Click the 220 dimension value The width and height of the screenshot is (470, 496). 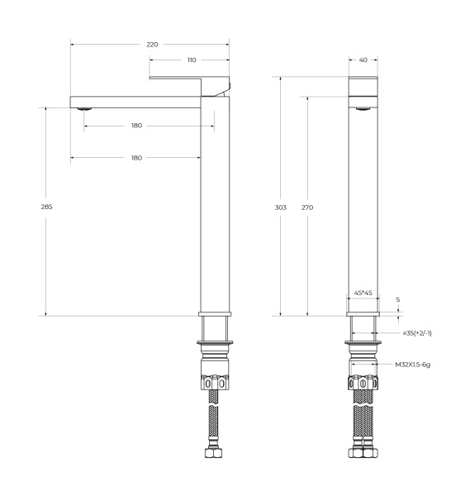pyautogui.click(x=152, y=44)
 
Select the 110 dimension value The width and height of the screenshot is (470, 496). pyautogui.click(x=192, y=60)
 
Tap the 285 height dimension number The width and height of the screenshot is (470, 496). pyautogui.click(x=46, y=207)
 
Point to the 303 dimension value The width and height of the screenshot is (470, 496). pyautogui.click(x=281, y=207)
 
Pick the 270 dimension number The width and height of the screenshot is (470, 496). pyautogui.click(x=307, y=207)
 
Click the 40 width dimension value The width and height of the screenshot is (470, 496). pyautogui.click(x=363, y=60)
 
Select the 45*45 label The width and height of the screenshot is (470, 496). pyautogui.click(x=363, y=293)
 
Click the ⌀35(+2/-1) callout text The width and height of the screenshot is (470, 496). pyautogui.click(x=418, y=333)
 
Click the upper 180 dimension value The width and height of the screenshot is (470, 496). pyautogui.click(x=136, y=126)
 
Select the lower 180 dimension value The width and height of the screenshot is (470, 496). pyautogui.click(x=136, y=157)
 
